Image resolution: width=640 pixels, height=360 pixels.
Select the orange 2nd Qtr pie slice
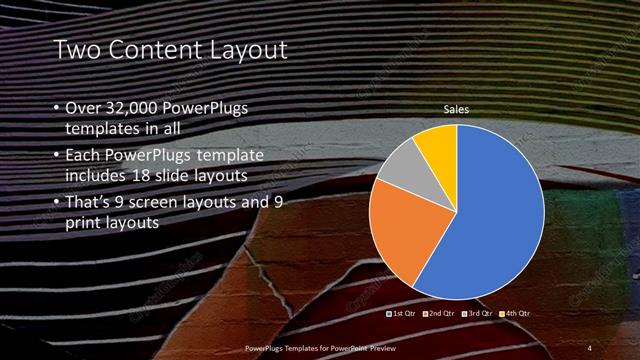pos(399,228)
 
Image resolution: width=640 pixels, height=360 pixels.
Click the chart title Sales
pos(456,110)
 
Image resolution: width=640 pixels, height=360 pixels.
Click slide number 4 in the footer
pos(589,346)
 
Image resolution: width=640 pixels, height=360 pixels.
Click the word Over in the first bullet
pos(82,107)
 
